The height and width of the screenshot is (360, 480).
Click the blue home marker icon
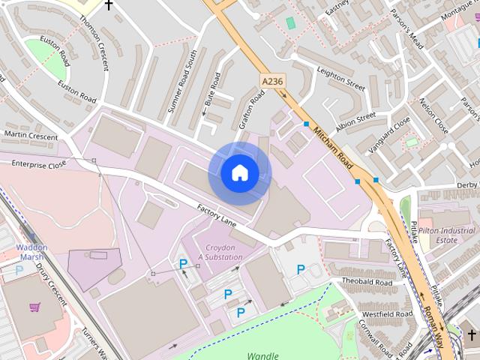[x=239, y=173]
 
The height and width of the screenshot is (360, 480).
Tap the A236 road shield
[x=271, y=79]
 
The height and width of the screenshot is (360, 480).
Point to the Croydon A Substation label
[x=220, y=252]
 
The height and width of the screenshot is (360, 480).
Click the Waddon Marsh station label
[x=31, y=252]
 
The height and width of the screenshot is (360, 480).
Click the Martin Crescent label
[x=31, y=135]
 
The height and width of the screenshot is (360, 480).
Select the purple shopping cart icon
[x=34, y=307]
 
